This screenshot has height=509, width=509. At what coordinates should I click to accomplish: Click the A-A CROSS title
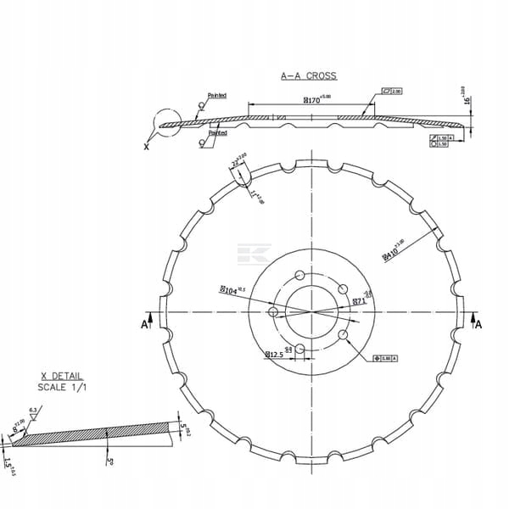pos(309,76)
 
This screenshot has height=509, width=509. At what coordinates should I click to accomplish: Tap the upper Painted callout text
pos(217,96)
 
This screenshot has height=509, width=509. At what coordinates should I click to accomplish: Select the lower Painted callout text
pos(218,133)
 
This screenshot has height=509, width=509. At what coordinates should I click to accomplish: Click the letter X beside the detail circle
pos(146,146)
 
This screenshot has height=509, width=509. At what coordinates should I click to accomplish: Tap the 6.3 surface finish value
pos(31,410)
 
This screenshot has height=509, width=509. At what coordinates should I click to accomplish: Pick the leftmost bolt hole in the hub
pos(273,312)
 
